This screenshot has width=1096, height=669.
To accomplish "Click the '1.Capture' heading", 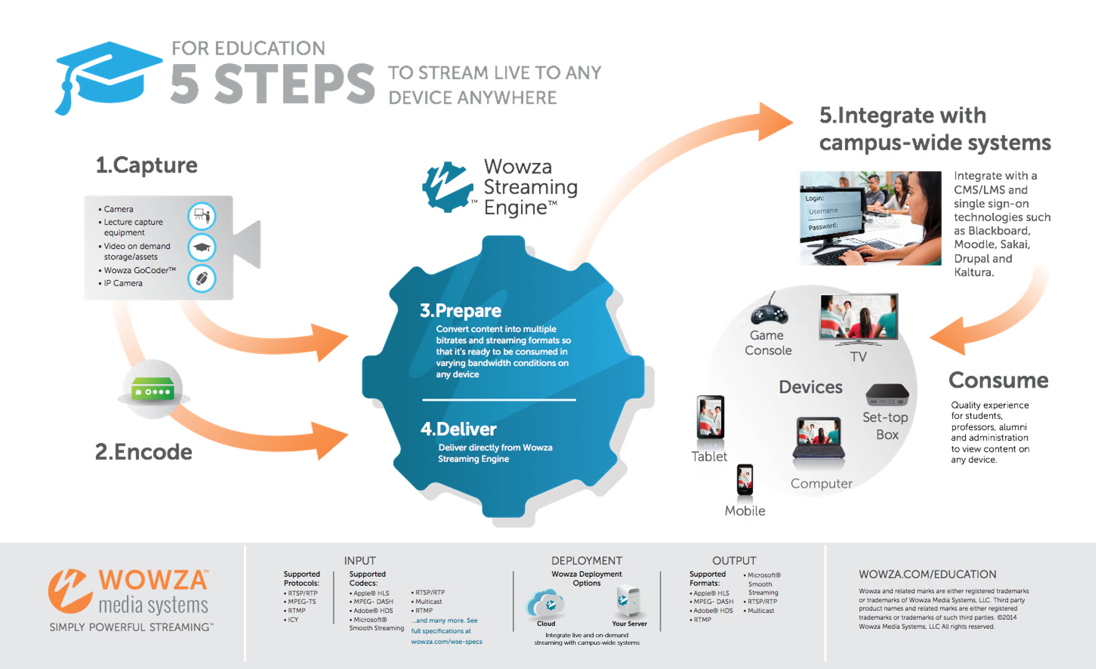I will [x=146, y=166].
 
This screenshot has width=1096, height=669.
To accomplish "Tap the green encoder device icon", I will [x=153, y=390].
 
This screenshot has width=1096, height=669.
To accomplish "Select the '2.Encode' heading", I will [x=143, y=452].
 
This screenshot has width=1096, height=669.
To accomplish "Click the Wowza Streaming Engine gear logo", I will [x=446, y=187].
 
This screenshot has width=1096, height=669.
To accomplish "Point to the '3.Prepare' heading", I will [x=460, y=311].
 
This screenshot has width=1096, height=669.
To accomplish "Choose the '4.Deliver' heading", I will [x=458, y=429].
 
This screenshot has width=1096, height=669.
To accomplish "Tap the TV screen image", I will [x=859, y=317].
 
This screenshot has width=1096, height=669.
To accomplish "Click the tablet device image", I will [x=710, y=417].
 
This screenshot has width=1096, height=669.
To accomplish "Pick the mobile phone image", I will [x=745, y=480].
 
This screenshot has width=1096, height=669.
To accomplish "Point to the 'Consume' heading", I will [x=998, y=380].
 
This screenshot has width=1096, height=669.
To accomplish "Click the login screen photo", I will [x=870, y=218].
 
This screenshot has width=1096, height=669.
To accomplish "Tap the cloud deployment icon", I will [x=546, y=602].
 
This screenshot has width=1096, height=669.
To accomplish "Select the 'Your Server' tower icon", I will [x=628, y=601].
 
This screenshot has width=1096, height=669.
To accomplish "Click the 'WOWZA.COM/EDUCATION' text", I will [x=927, y=574].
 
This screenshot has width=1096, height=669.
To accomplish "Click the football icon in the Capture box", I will [x=202, y=278].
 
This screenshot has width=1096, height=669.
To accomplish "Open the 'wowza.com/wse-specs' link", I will [x=446, y=642].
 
